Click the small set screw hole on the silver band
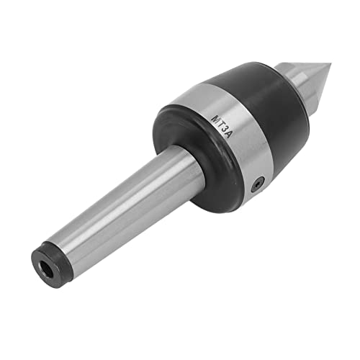pyautogui.click(x=257, y=185)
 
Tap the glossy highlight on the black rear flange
pyautogui.click(x=162, y=130)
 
